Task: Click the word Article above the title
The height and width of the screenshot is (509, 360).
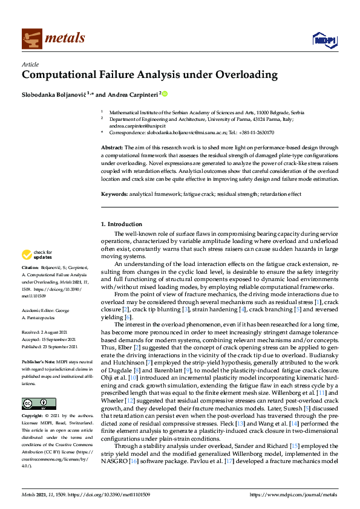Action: (x=30, y=65)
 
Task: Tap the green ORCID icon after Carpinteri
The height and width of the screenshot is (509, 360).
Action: (x=165, y=94)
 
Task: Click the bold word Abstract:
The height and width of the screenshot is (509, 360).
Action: (x=111, y=148)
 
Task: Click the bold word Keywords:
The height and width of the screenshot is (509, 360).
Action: (x=114, y=194)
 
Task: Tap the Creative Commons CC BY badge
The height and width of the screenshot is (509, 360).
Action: (x=38, y=386)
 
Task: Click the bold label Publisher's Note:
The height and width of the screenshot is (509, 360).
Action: (x=39, y=356)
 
